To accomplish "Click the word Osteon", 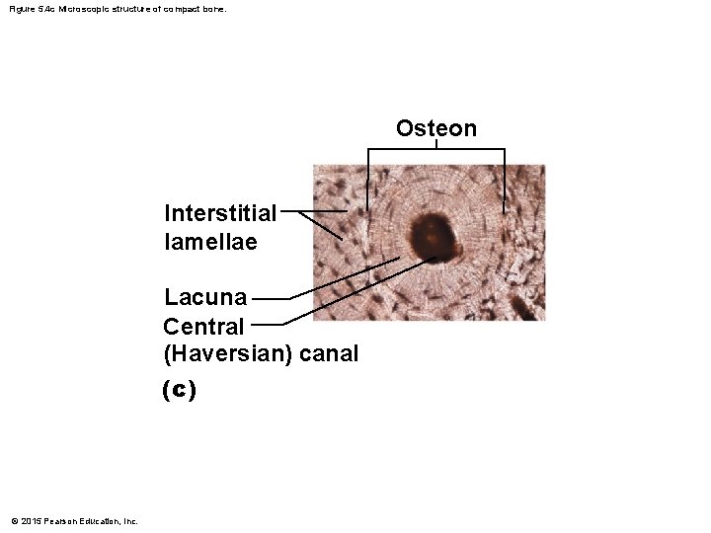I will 436,128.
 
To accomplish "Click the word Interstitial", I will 220,213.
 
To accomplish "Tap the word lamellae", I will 210,241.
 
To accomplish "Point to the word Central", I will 203,326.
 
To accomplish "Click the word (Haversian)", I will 226,352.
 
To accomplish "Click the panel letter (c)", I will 179,390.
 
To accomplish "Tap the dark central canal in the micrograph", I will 433,234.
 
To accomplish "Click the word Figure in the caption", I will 19,9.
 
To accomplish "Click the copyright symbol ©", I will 13,521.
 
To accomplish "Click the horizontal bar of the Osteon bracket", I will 436,149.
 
